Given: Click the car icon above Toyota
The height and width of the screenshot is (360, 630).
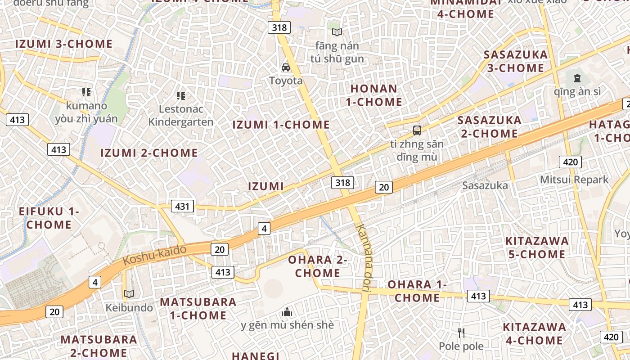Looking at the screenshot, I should pos(286,67).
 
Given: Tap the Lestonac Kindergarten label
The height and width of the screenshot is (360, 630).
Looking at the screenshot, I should pos(180,115).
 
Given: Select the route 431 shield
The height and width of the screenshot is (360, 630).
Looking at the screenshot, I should pos(182,207).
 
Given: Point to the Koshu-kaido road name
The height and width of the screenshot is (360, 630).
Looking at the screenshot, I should pos(154,255).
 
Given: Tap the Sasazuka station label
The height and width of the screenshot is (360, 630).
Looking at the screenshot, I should pos(485,185).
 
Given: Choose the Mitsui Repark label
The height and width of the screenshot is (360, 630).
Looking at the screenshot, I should pos(574,180).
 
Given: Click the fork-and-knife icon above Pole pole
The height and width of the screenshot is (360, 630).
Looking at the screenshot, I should pos(461,333).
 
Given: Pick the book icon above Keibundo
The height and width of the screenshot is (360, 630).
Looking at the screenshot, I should pos(129,294).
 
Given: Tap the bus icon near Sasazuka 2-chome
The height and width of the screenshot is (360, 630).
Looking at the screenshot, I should pos(417,130).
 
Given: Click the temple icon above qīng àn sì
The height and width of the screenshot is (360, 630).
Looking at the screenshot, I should pos(577,78).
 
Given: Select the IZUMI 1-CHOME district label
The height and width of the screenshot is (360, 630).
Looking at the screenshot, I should pos(281,125).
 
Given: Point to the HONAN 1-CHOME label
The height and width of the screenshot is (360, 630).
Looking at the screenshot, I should pos(374,95).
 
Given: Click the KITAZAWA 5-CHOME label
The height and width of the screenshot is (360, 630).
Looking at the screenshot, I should pos(537,247).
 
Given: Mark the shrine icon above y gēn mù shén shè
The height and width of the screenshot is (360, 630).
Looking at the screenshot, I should pos(287,311).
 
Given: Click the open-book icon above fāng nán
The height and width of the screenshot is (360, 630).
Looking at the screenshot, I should pos(337,32).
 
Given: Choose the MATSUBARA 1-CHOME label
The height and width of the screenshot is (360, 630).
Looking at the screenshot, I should pos(198,308).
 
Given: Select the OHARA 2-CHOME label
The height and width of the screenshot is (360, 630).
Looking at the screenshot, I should pos(318,266).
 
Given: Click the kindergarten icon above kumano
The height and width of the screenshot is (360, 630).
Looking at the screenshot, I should pos(86,92).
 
